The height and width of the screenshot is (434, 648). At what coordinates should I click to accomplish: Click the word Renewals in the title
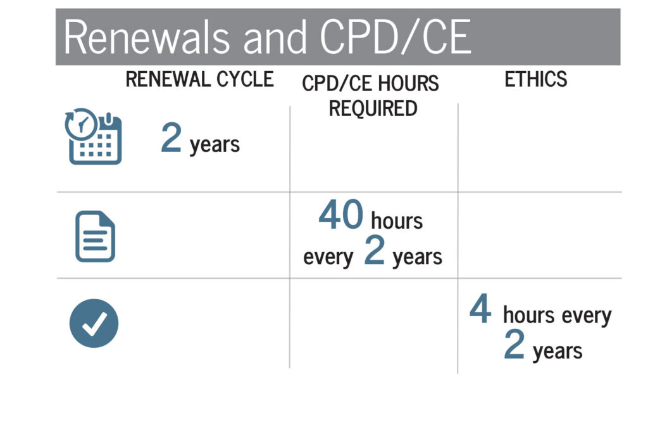(147, 37)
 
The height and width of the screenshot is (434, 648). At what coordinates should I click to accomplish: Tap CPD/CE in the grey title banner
(395, 37)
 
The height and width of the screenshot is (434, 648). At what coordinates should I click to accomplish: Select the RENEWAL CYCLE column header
(199, 79)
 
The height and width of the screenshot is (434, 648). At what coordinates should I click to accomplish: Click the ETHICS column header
(536, 79)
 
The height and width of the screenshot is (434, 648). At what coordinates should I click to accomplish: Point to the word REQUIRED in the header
(373, 108)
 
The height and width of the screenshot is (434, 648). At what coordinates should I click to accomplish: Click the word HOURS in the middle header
(408, 83)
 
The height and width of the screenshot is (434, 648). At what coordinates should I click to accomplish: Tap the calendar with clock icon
(94, 136)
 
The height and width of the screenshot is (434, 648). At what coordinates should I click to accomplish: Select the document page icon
(95, 236)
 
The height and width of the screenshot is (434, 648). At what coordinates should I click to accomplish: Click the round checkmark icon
(94, 323)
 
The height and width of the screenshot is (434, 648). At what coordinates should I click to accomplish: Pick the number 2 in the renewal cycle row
(171, 137)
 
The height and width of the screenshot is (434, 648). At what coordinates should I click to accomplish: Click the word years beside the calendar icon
(215, 145)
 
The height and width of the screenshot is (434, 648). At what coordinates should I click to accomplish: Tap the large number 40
(341, 214)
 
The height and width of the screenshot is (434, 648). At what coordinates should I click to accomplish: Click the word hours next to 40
(397, 220)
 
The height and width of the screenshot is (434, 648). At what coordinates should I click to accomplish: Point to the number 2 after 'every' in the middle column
(375, 250)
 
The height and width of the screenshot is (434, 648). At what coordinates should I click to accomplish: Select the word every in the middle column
(328, 257)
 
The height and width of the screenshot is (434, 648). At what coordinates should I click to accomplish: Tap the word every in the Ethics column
(587, 316)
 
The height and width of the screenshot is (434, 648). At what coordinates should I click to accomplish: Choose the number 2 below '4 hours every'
(514, 344)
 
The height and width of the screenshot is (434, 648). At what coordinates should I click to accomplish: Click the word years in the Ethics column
(558, 351)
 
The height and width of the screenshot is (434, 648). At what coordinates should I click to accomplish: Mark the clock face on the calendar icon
(82, 124)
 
